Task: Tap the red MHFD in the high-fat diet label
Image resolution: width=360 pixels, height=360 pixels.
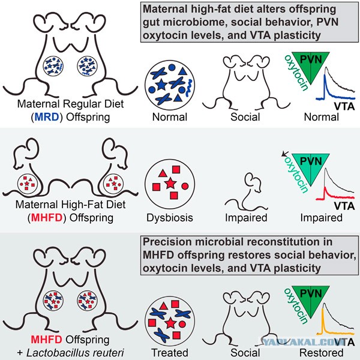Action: pyautogui.click(x=47, y=218)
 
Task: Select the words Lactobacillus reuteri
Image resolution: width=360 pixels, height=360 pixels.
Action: pyautogui.click(x=75, y=353)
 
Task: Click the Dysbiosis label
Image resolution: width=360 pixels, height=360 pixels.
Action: pyautogui.click(x=170, y=218)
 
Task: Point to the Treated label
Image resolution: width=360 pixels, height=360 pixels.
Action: pyautogui.click(x=170, y=353)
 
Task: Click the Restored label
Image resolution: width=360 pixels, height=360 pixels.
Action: pyautogui.click(x=322, y=353)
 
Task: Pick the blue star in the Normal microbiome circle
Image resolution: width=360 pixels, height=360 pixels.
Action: pyautogui.click(x=161, y=85)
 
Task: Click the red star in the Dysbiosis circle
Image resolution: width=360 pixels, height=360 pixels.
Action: pyautogui.click(x=170, y=184)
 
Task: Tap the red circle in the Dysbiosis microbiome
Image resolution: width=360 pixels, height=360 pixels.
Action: pyautogui.click(x=185, y=186)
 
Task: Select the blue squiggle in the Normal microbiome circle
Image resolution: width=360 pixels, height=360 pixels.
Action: pyautogui.click(x=189, y=88)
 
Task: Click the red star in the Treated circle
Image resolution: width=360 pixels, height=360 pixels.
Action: pyautogui.click(x=170, y=323)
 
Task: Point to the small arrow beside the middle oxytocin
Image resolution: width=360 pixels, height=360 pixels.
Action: pyautogui.click(x=285, y=154)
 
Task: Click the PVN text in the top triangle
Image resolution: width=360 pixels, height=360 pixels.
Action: pyautogui.click(x=311, y=59)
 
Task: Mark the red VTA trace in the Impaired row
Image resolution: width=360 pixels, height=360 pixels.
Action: pyautogui.click(x=335, y=195)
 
